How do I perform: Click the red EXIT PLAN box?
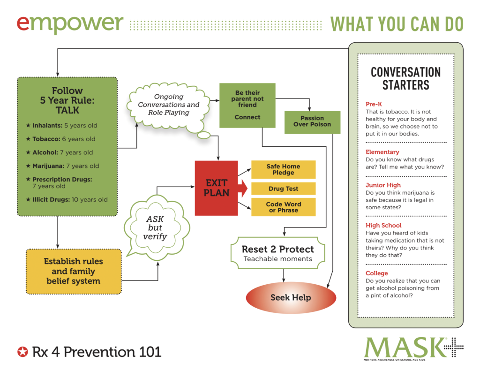point(216,188)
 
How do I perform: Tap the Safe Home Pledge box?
point(283,169)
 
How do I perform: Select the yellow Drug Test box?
point(283,189)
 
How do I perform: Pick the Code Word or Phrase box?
point(283,207)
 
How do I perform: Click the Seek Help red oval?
point(291,297)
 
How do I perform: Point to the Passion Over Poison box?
point(312,121)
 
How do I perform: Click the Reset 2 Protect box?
point(277,253)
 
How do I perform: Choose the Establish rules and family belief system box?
point(73,271)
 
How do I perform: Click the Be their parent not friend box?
point(247,105)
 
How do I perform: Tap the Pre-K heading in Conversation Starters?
point(374,104)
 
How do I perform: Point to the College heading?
point(376,273)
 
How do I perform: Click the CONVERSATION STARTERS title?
point(405,78)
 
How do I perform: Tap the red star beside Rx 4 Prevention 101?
point(22,351)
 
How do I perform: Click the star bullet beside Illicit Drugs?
point(28,199)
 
